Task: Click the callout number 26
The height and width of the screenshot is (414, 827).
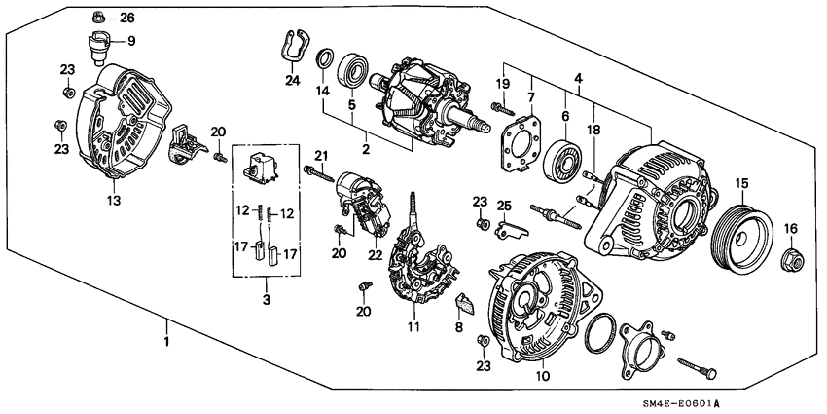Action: click(128, 18)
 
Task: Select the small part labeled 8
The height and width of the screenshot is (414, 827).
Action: click(465, 307)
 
